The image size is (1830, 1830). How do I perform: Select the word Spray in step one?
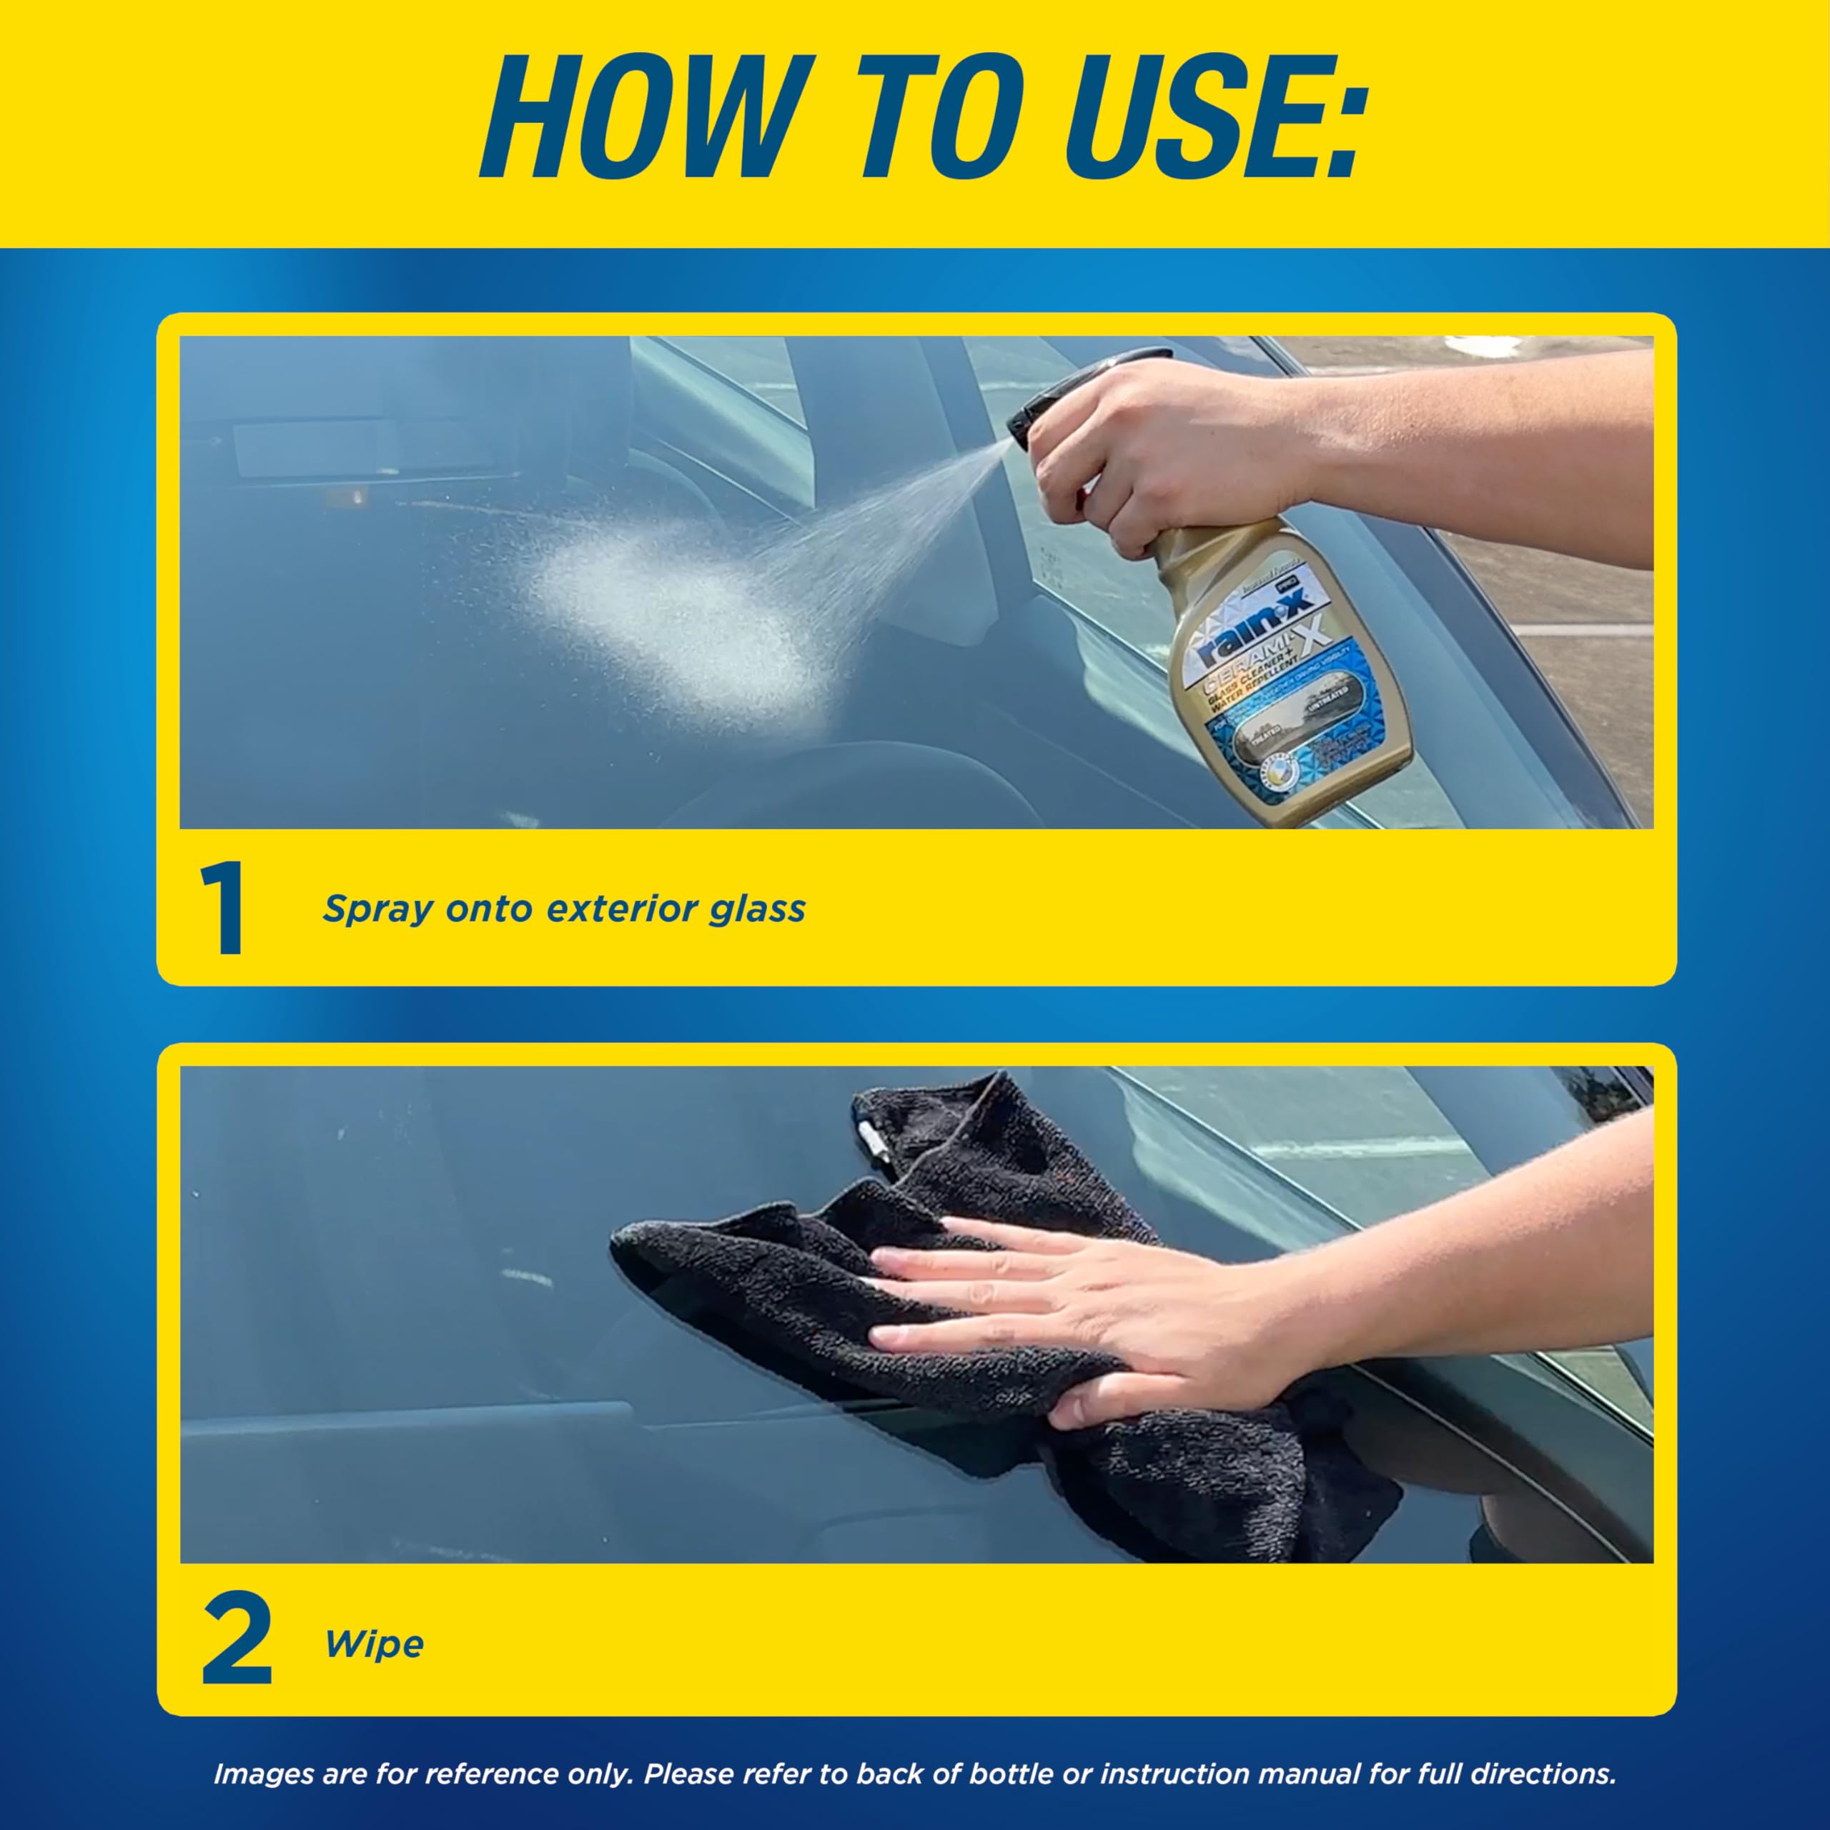[377, 909]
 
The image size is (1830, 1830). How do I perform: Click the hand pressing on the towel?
[1070, 1307]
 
